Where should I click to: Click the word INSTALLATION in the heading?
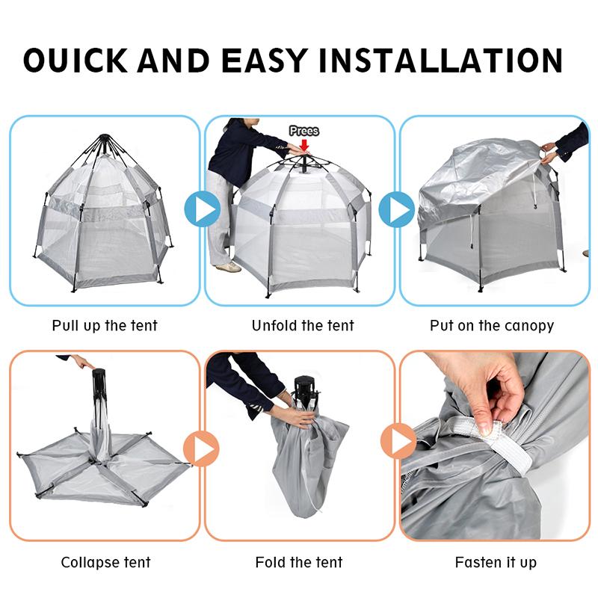click(x=440, y=60)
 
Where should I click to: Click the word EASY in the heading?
click(x=264, y=60)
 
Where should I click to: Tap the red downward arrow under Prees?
click(x=304, y=145)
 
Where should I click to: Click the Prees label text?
click(x=304, y=131)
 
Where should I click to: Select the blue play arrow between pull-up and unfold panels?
click(x=202, y=209)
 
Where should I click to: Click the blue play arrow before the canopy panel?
click(x=397, y=209)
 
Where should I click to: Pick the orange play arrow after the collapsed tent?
click(x=201, y=449)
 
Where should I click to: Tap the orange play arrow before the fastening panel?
click(x=398, y=441)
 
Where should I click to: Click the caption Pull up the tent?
click(x=105, y=326)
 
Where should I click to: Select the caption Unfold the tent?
click(x=303, y=326)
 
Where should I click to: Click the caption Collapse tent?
click(x=105, y=563)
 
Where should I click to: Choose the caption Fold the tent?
click(x=298, y=562)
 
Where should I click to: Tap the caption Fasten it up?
click(x=496, y=563)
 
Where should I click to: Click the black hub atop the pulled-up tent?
click(x=103, y=138)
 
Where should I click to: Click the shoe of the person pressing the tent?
click(x=229, y=267)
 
